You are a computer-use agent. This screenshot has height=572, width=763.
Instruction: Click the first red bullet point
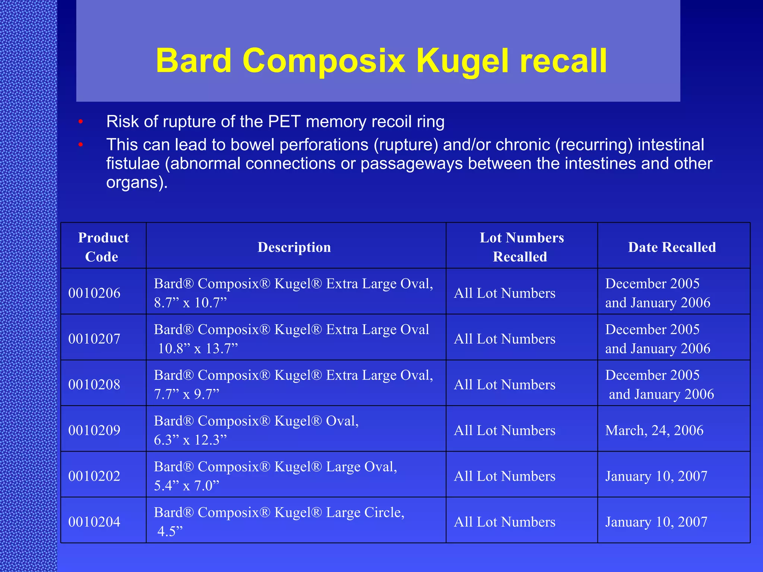(80, 122)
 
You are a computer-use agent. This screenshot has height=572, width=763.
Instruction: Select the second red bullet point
(80, 145)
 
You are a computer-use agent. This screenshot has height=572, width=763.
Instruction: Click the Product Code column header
(103, 247)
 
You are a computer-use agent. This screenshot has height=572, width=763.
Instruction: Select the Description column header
(294, 247)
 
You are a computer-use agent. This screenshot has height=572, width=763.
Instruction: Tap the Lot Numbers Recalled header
(521, 247)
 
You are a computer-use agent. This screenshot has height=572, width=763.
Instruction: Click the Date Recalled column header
(672, 247)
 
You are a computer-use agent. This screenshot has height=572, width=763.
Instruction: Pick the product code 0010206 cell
(94, 293)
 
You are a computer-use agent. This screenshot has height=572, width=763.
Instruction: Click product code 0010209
(94, 430)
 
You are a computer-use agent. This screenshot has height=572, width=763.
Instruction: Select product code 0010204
(94, 522)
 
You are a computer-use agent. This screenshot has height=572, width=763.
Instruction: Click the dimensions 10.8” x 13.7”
(197, 349)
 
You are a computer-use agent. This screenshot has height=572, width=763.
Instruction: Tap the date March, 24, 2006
(654, 430)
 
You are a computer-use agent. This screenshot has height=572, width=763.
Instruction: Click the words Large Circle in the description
(365, 513)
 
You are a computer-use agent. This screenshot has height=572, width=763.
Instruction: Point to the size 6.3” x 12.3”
(190, 440)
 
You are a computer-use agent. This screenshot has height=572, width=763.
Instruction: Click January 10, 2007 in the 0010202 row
(656, 476)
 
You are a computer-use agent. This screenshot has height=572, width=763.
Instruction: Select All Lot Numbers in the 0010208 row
(504, 385)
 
